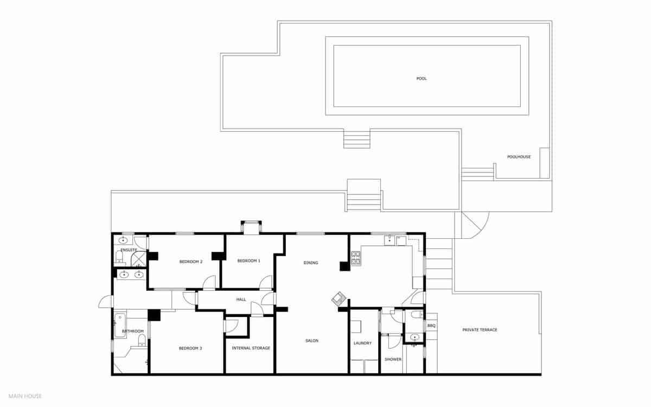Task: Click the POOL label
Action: coord(422,79)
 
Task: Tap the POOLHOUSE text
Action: coord(519,157)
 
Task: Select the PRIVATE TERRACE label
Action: coord(480,330)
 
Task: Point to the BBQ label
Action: coord(431,326)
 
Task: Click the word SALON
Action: coord(311,341)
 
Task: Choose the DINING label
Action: coord(311,263)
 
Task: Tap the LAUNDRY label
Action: coord(362,343)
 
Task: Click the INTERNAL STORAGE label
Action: coord(251,348)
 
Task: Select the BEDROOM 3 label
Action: coord(190,348)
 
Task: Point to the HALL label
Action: coord(241,300)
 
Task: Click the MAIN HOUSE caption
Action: coord(25,396)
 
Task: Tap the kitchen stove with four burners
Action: coord(356,258)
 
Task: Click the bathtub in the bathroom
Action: coord(119,325)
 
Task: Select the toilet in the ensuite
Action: coord(119,256)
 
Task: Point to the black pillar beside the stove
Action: coord(344,266)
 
